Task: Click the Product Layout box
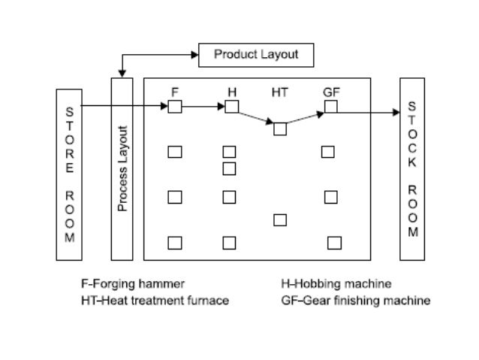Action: coord(256,55)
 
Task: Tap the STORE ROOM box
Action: coord(69,174)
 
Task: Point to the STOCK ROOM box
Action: coord(412,168)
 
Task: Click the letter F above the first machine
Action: coord(175,92)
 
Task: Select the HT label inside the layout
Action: coord(279,92)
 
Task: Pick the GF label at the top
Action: coord(330,92)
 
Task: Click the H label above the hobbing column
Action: coord(232,92)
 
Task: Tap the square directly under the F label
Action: coord(175,107)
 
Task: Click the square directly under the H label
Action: coord(232,107)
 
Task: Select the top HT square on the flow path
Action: coord(280,129)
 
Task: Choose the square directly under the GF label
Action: coord(330,107)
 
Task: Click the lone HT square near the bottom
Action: coord(280,219)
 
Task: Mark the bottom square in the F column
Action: coord(175,242)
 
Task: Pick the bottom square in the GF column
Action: coord(334,242)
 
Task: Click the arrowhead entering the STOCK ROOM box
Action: coord(396,113)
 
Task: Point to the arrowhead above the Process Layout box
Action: coord(122,74)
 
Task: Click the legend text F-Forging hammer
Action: coord(133,284)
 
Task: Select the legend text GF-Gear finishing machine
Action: coord(355,301)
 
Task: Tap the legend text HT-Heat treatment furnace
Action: coord(155,301)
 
